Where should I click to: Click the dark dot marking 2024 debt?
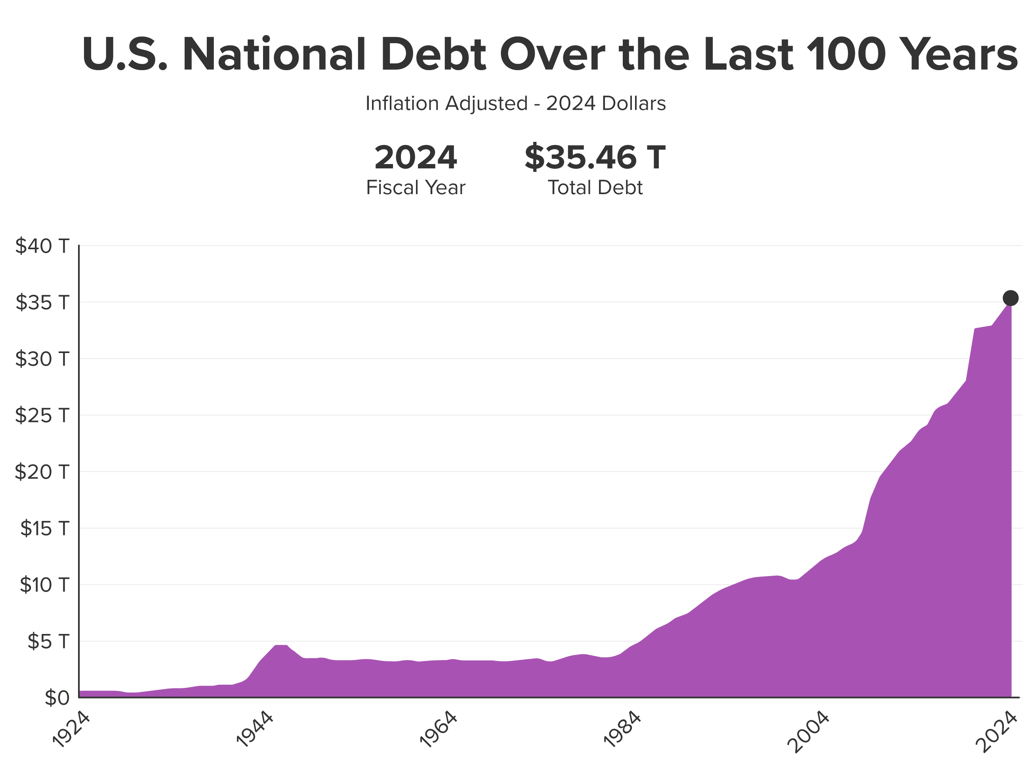[1011, 298]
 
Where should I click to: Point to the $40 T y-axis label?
[42, 246]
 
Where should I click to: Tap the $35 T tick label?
[42, 302]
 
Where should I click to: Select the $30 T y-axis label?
[42, 359]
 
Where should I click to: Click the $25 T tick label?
[42, 415]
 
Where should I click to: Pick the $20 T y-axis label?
[42, 472]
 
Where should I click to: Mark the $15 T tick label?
[44, 528]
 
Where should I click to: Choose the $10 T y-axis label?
[44, 585]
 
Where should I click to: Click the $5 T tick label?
[48, 641]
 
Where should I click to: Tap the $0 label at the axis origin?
[57, 698]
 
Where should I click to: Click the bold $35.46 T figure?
[595, 158]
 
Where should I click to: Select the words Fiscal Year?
[416, 187]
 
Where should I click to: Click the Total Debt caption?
[595, 187]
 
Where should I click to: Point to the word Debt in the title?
[433, 55]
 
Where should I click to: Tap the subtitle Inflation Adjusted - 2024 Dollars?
[515, 103]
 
